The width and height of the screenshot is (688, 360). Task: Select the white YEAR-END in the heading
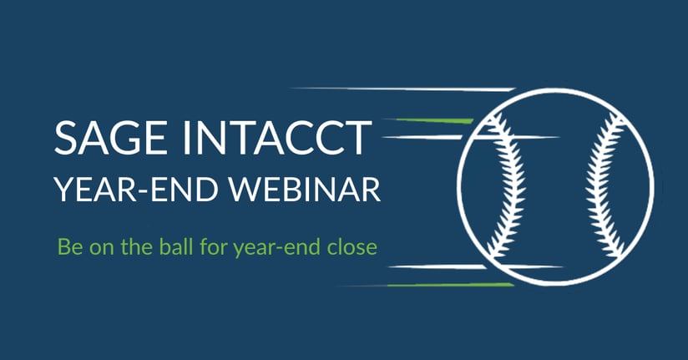pyautogui.click(x=136, y=190)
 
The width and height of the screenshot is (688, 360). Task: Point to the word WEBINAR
pyautogui.click(x=306, y=190)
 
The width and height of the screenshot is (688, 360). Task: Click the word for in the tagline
pyautogui.click(x=214, y=246)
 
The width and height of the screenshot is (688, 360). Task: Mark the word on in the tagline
pyautogui.click(x=102, y=249)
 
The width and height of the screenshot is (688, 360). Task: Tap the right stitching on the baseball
pyautogui.click(x=606, y=184)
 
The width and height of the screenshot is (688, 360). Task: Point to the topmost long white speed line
pyautogui.click(x=403, y=89)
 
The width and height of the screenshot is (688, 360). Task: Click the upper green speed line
pyautogui.click(x=433, y=121)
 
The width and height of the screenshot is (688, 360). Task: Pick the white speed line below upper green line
pyautogui.click(x=470, y=138)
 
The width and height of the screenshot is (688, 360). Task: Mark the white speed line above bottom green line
pyautogui.click(x=475, y=266)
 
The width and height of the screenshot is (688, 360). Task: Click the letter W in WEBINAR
pyautogui.click(x=246, y=190)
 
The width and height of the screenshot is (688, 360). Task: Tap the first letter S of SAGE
pyautogui.click(x=65, y=138)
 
